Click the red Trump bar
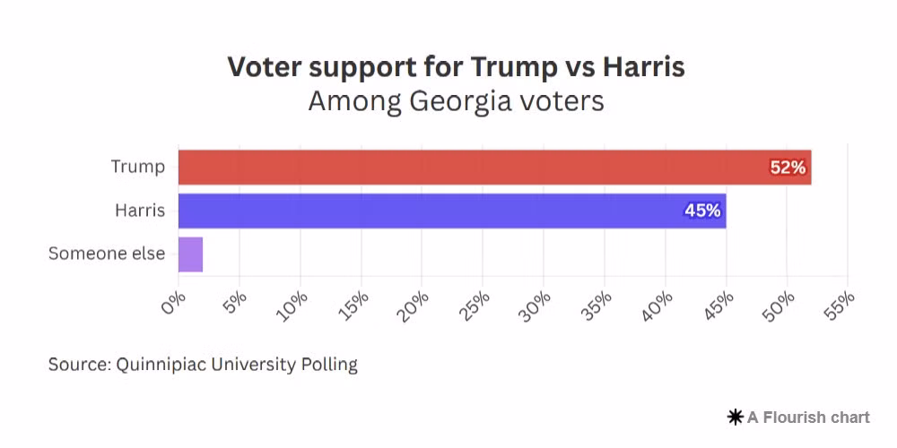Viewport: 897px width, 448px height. tap(493, 168)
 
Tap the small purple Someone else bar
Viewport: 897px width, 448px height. tap(190, 254)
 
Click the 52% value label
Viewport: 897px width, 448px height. tap(788, 168)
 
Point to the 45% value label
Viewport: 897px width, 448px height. tap(702, 211)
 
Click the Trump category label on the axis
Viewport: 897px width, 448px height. tap(138, 167)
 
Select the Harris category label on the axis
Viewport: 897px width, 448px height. tap(140, 211)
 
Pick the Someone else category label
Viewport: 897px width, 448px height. tap(107, 254)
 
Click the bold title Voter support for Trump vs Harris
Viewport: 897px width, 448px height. tap(456, 67)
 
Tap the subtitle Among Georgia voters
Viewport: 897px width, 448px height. tap(456, 101)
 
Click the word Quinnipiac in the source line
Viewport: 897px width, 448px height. tap(160, 365)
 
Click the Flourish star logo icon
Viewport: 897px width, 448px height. tap(736, 417)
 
